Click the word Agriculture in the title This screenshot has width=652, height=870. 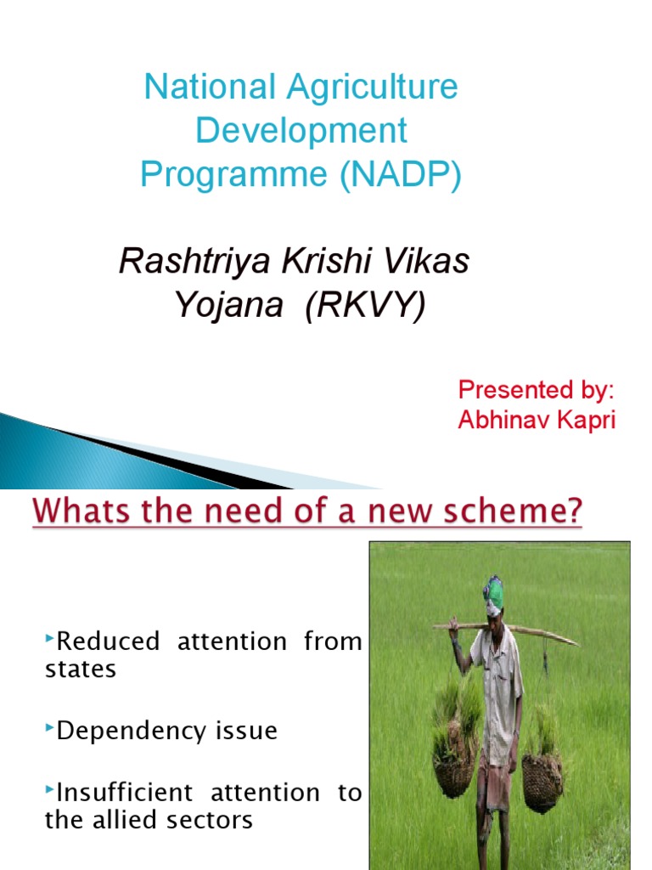pyautogui.click(x=372, y=88)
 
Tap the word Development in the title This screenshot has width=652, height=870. pyautogui.click(x=301, y=130)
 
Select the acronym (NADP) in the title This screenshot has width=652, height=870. pyautogui.click(x=401, y=174)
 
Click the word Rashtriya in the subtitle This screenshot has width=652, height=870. pyautogui.click(x=194, y=261)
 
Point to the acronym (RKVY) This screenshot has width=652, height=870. pyautogui.click(x=366, y=305)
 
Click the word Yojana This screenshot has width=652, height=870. pyautogui.click(x=229, y=306)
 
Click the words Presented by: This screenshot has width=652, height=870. pyautogui.click(x=537, y=390)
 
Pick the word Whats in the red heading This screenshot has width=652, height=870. pyautogui.click(x=82, y=511)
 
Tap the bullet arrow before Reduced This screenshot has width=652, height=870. pyautogui.click(x=49, y=638)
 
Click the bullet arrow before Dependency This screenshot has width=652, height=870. pyautogui.click(x=49, y=727)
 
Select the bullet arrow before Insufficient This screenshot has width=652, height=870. pyautogui.click(x=49, y=789)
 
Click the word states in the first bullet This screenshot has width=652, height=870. pyautogui.click(x=81, y=669)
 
